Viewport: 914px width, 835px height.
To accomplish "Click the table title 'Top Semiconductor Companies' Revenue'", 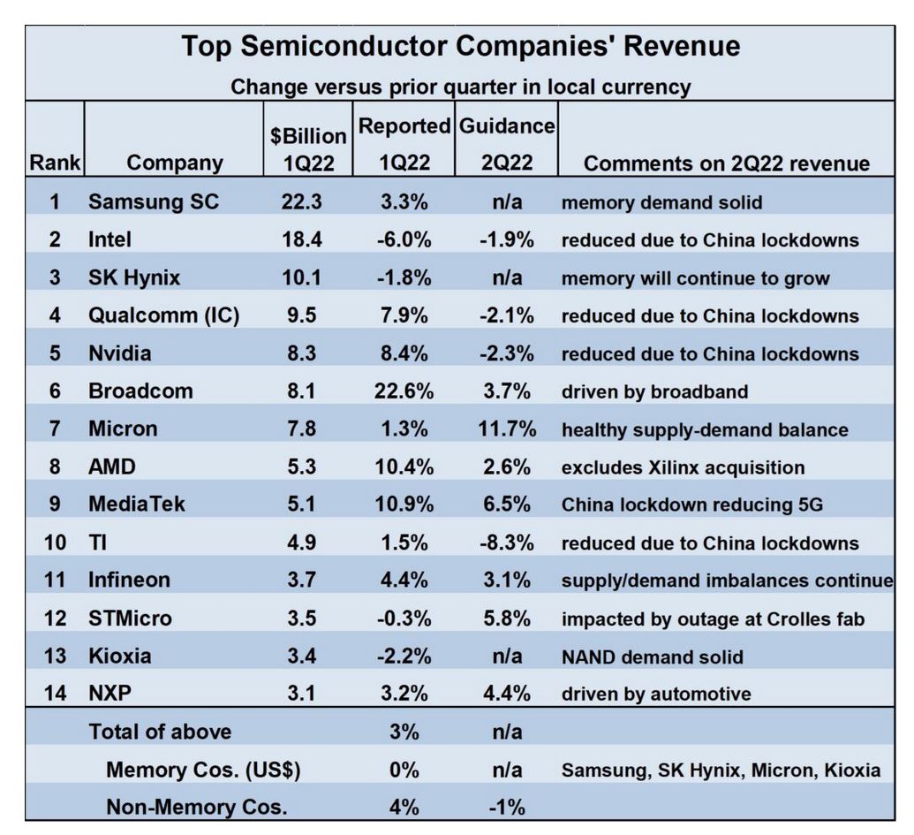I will (x=460, y=47).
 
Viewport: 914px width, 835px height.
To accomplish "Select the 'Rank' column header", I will (x=55, y=163).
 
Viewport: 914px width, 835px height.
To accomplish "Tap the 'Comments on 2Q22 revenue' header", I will (x=727, y=163).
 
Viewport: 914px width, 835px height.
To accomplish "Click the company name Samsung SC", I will (x=153, y=202).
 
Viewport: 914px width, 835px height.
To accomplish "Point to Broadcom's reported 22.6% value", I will (x=403, y=391).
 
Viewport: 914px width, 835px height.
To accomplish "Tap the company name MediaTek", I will (x=137, y=505).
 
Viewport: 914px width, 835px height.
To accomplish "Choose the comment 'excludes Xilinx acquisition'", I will (x=683, y=467).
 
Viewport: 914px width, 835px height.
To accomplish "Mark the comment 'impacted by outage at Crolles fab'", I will (x=713, y=619).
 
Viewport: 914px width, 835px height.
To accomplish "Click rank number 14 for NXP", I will (x=55, y=694).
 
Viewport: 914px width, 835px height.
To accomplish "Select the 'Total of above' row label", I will (x=160, y=732).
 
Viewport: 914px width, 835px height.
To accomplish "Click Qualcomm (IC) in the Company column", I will (x=163, y=316).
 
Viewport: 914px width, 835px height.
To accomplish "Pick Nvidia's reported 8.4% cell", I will (x=403, y=353).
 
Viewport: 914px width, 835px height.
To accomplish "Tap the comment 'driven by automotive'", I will (x=656, y=694).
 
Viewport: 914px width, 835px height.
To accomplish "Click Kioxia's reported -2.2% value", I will (x=403, y=657).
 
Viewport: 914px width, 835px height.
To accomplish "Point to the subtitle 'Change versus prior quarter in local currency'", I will (x=460, y=87).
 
